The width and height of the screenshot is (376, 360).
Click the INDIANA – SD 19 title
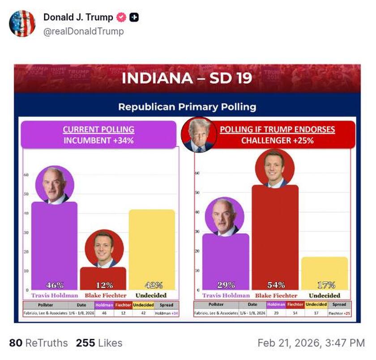(187, 78)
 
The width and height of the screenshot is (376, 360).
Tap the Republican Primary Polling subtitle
(187, 107)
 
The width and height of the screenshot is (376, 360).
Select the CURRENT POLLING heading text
(98, 129)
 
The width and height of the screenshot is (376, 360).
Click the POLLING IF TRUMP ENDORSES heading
(277, 129)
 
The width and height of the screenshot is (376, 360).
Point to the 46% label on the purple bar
(55, 285)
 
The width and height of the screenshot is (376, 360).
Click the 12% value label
(103, 285)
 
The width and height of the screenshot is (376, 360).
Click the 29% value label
(225, 285)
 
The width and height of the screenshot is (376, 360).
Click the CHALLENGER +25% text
(277, 140)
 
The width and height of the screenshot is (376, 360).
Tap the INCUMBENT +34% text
(98, 140)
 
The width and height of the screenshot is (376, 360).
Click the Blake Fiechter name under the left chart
(103, 296)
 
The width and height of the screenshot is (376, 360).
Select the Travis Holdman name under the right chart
(226, 296)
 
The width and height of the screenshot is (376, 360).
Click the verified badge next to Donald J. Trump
(121, 17)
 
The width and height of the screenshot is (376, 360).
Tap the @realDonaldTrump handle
(83, 31)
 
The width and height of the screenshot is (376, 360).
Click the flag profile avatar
(22, 23)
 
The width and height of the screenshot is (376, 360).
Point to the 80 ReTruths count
(38, 343)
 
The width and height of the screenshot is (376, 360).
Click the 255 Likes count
(99, 343)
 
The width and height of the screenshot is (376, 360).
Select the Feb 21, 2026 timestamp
(311, 343)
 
